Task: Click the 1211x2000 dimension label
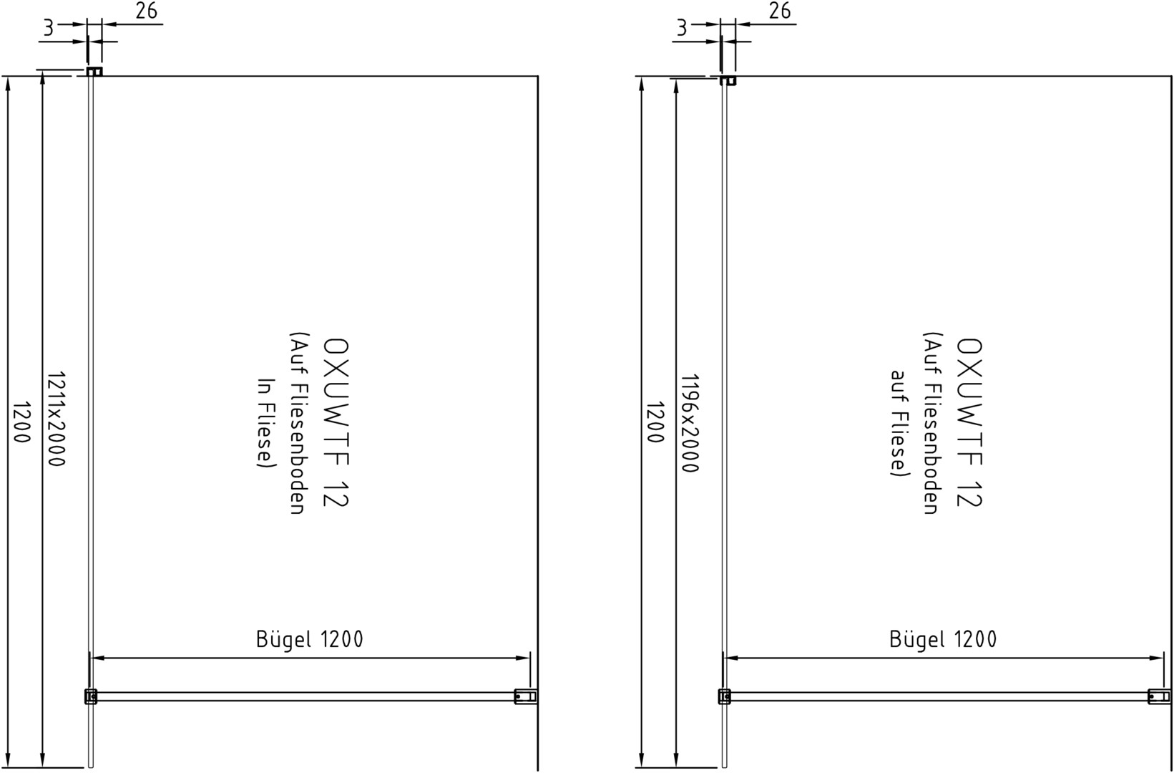[x=56, y=419]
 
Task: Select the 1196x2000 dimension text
[x=690, y=423]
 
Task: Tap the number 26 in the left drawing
[x=146, y=11]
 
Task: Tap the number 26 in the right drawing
[x=780, y=11]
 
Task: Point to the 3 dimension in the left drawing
[x=48, y=28]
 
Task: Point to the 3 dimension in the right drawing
[x=682, y=28]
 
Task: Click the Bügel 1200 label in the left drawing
[x=310, y=638]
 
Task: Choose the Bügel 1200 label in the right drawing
[x=944, y=638]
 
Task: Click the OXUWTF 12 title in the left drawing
[x=336, y=423]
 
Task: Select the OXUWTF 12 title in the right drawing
[x=969, y=423]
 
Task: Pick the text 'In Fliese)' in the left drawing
[x=266, y=423]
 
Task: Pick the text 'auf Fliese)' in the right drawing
[x=900, y=423]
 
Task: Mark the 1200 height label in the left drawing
[x=21, y=422]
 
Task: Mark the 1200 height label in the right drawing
[x=655, y=422]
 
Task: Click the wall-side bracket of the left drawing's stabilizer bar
[x=525, y=696]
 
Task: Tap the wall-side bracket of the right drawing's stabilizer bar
[x=1159, y=696]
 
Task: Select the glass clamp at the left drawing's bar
[x=91, y=696]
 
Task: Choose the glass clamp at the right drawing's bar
[x=724, y=696]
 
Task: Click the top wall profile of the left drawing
[x=94, y=72]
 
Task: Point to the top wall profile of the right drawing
[x=728, y=80]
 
